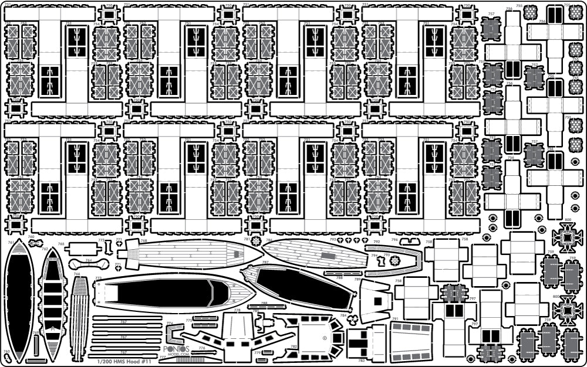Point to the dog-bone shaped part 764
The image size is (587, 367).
89,263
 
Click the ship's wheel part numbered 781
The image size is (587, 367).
256,242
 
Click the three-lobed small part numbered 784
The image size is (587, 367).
353,320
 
